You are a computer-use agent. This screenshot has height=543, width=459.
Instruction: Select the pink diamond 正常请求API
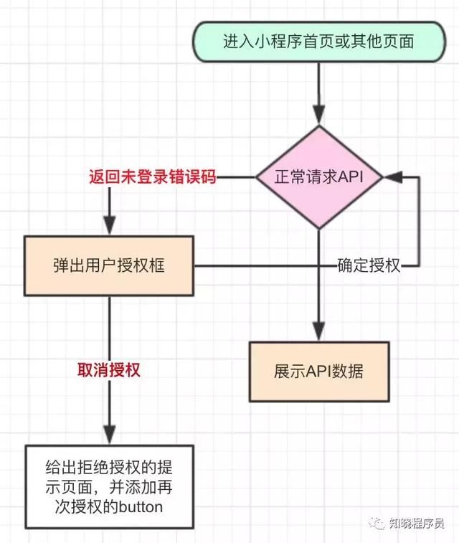pos(318,176)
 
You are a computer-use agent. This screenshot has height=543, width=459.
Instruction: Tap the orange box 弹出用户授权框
pos(110,265)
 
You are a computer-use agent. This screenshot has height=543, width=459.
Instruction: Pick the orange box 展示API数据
pos(318,371)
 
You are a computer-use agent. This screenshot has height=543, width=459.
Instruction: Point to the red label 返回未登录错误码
pos(152,176)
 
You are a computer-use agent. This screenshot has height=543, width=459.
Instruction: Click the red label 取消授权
pos(108,370)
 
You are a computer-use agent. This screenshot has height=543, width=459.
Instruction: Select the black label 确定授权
pos(369,266)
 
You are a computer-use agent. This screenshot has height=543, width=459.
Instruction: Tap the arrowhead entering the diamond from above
pos(318,116)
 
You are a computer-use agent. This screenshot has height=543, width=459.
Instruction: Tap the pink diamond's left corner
pos(258,176)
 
